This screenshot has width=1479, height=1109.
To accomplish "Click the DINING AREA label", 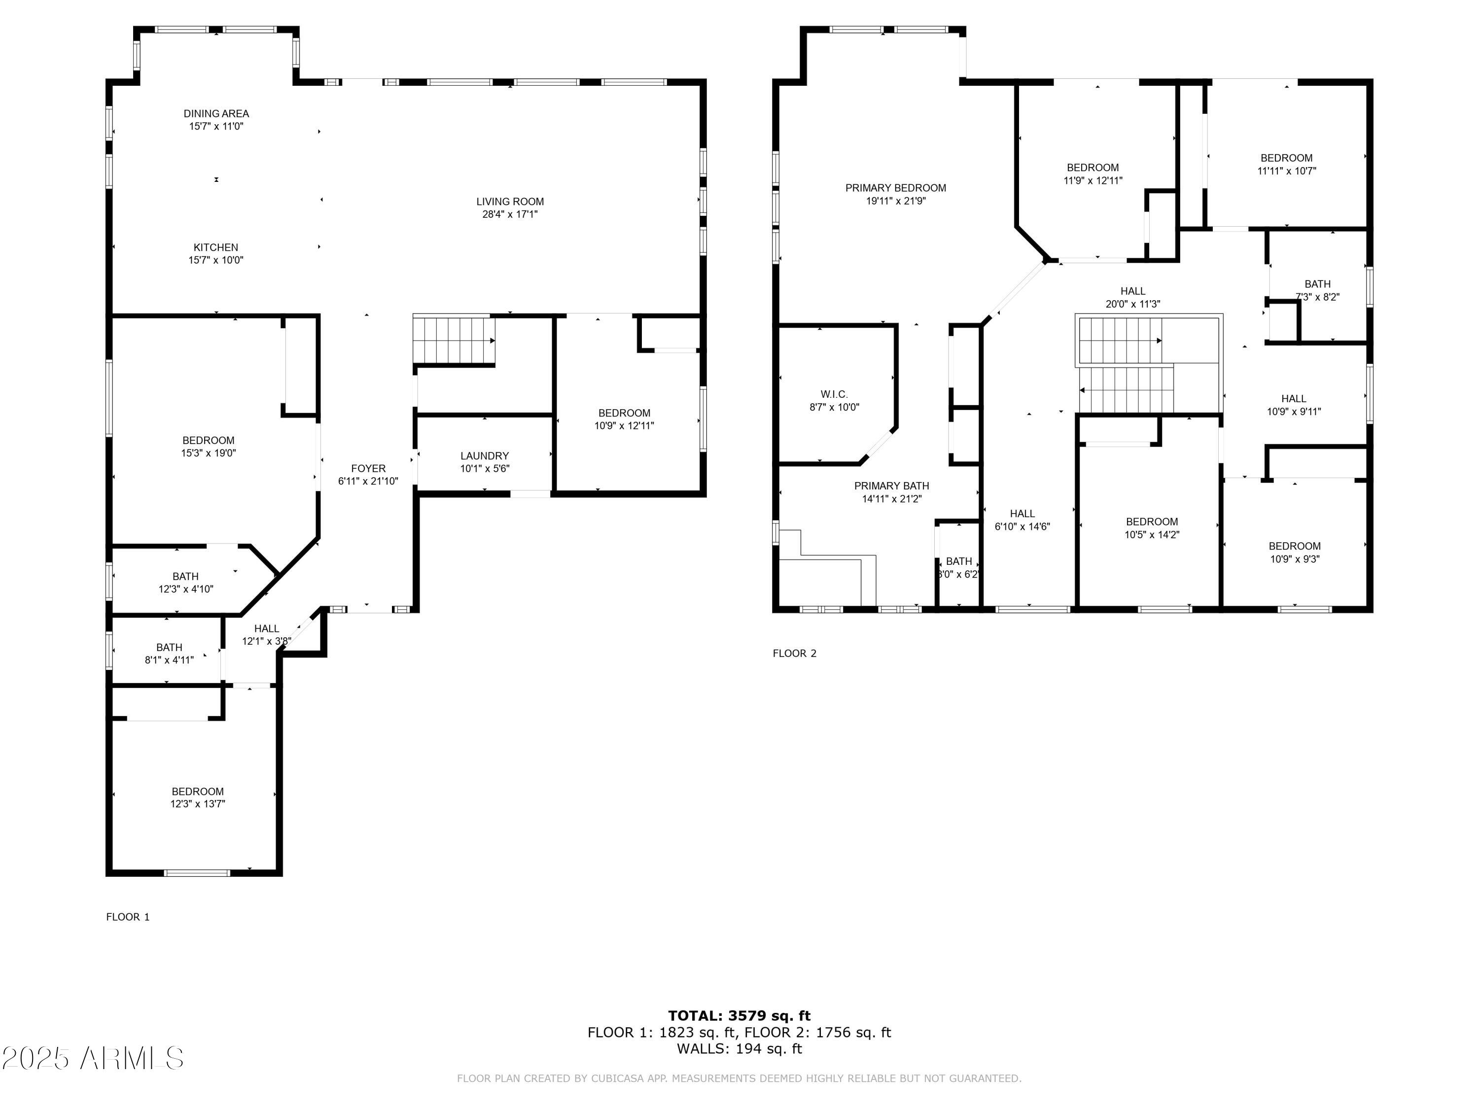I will (216, 114).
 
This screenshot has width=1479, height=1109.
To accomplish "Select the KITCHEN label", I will (215, 247).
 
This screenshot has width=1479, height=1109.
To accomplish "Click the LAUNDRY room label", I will (484, 456).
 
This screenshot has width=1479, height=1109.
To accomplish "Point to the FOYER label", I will (368, 469).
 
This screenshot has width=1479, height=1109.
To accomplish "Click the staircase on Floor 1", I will (454, 340).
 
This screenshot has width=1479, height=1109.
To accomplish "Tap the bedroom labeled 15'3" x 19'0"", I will (208, 447).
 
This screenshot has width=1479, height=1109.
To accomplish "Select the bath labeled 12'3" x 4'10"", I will (185, 582).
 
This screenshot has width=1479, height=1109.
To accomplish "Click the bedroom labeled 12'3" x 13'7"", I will (197, 797).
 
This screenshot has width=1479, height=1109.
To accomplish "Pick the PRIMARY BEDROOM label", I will (895, 188).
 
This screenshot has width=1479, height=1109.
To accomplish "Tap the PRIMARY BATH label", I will (891, 486).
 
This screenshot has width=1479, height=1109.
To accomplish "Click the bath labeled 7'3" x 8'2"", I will (1317, 290).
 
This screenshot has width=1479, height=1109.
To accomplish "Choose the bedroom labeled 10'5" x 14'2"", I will (1151, 528).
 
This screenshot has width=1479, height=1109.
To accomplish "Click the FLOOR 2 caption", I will (794, 653).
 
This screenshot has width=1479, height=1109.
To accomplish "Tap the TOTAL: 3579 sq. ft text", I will (739, 1016).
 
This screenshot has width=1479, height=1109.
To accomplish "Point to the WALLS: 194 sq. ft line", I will (739, 1048).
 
